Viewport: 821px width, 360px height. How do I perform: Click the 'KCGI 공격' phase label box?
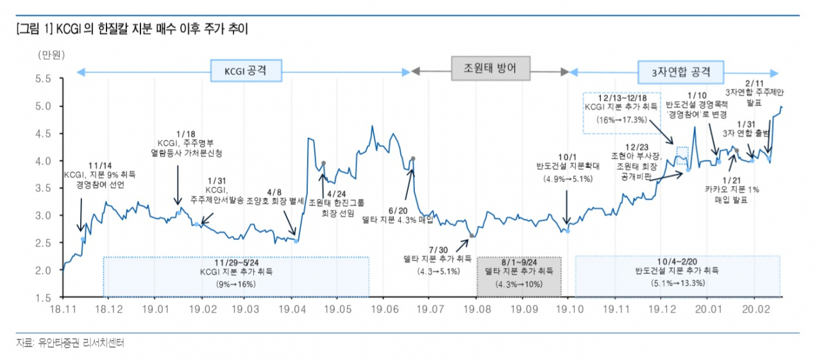pos(246,71)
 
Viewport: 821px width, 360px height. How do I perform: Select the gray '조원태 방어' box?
pos(491,68)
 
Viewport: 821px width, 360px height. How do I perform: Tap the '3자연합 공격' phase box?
pos(681,72)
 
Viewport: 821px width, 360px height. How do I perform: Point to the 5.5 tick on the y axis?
pos(43,79)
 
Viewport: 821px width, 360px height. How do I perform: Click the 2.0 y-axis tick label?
pos(43,271)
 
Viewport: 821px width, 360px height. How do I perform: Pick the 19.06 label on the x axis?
pos(384,309)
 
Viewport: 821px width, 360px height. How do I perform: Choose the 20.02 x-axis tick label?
pos(756,309)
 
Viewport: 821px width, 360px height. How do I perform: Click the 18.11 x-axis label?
pos(63,309)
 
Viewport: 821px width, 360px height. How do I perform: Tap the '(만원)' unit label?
pos(51,55)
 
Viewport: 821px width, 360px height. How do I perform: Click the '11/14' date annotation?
pos(100,166)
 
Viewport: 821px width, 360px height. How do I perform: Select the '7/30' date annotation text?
pos(438,250)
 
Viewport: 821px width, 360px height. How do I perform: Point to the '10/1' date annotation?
pos(568,157)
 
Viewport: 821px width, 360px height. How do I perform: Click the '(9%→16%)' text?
pos(236,284)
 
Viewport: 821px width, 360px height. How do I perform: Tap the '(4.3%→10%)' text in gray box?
pos(519,284)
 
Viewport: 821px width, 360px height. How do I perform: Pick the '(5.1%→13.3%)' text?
pos(678,283)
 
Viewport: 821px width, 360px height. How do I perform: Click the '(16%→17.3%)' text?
pos(622,120)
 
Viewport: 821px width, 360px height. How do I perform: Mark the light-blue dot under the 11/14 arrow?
pos(83,239)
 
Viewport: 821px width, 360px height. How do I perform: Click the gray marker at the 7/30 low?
pos(471,236)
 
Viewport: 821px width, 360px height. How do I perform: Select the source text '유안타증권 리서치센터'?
pos(81,343)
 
